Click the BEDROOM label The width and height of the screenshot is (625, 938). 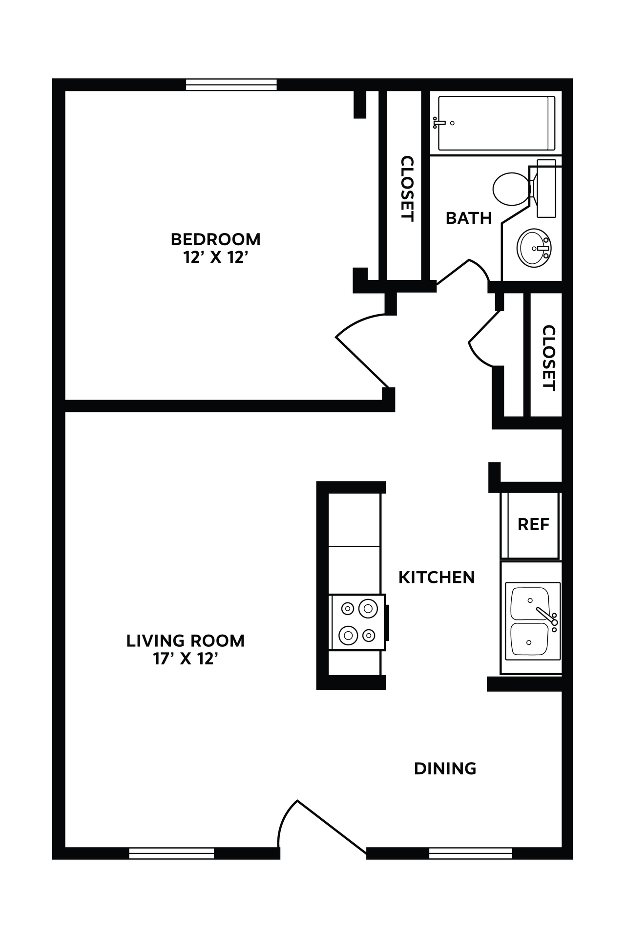[215, 239]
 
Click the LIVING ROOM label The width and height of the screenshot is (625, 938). [185, 641]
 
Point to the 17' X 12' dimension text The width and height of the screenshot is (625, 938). [185, 659]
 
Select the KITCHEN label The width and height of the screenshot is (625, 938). [437, 577]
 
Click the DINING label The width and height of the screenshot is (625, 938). [445, 769]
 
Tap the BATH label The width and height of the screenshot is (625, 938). [468, 218]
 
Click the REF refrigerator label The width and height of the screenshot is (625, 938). [533, 525]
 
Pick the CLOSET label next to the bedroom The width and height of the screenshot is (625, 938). [407, 189]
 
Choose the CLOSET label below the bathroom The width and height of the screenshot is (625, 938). [549, 358]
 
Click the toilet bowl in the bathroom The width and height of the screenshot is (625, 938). [510, 189]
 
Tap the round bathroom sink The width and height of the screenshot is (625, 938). [533, 248]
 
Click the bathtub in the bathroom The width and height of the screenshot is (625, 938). [496, 123]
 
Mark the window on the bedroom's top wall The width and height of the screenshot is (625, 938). [231, 85]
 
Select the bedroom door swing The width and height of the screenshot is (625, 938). [364, 349]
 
